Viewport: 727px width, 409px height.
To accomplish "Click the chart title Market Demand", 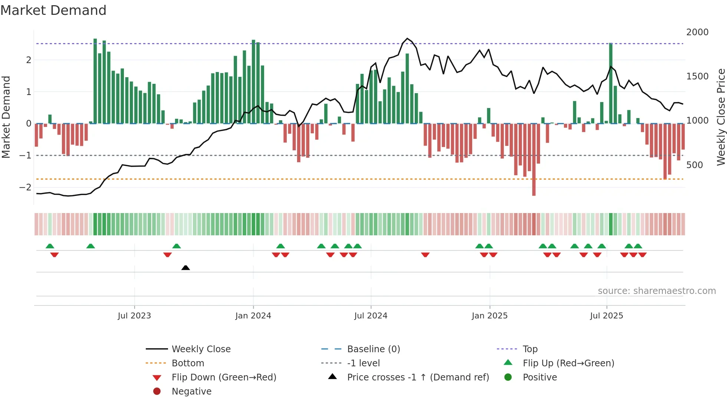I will [53, 10].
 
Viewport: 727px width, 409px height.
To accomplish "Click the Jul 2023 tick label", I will [134, 316].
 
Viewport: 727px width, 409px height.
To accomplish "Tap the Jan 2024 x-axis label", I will [253, 316].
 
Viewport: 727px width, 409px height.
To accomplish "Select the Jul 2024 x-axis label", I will [371, 316].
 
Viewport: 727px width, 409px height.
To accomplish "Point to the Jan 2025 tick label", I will [490, 316].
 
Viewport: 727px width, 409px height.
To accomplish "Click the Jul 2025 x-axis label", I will [606, 316].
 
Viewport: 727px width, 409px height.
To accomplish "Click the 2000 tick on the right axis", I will [697, 32].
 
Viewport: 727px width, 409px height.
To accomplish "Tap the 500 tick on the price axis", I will [694, 165].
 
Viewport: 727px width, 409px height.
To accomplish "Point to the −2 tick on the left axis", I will [25, 187].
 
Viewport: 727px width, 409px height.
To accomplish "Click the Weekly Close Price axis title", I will [721, 117].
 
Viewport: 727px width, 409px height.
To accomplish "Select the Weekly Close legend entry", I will [201, 349].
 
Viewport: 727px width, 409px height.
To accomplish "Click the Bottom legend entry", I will [188, 363].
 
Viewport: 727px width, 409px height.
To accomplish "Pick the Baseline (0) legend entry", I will [373, 349].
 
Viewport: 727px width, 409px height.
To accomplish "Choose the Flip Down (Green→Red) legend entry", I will [224, 377].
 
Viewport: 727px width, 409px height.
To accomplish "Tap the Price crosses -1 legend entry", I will [418, 377].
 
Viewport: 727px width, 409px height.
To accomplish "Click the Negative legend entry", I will [191, 392].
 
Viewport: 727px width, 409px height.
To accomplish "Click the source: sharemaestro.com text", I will [657, 291].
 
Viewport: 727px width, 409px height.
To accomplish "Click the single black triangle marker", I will [185, 268].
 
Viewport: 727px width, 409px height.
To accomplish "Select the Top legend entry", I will [530, 349].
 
